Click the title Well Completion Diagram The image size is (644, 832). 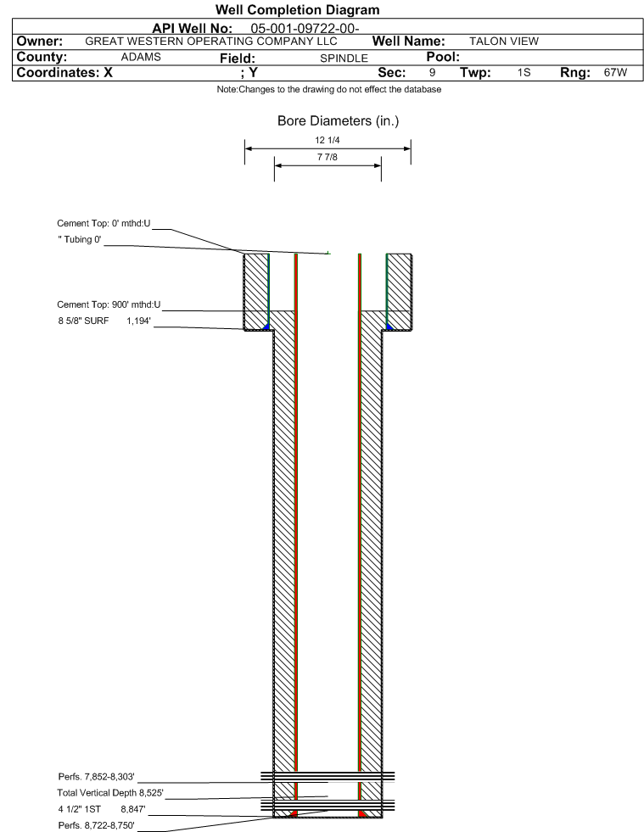297,10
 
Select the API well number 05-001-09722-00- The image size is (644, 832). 305,28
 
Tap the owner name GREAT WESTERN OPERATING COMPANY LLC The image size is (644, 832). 211,42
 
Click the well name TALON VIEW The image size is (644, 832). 504,42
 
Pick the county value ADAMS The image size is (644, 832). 141,58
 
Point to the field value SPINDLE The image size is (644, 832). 344,59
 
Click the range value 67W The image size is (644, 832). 615,72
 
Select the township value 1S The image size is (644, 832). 524,72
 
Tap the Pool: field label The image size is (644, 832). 443,57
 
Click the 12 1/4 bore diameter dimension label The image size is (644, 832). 327,140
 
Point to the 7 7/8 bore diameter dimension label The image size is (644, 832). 327,157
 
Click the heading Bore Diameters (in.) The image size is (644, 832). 339,121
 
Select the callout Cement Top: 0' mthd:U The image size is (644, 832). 104,223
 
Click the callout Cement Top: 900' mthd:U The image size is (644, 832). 109,304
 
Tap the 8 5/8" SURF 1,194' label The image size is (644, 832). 104,321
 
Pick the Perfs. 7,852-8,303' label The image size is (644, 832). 97,777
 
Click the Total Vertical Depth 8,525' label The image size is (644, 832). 110,793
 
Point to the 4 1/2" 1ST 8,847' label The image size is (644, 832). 102,810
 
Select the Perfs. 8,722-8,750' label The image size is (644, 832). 97,825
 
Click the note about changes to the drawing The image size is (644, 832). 328,90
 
